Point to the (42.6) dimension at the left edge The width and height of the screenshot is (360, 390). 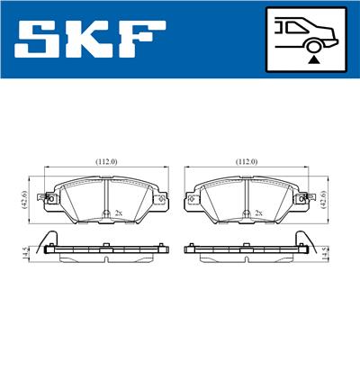point(24,196)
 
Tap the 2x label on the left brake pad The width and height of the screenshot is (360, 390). point(119,213)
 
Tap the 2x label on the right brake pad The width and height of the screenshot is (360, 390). point(259,213)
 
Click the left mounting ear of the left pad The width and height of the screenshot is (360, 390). point(41,199)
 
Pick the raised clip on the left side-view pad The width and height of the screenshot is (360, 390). point(50,240)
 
